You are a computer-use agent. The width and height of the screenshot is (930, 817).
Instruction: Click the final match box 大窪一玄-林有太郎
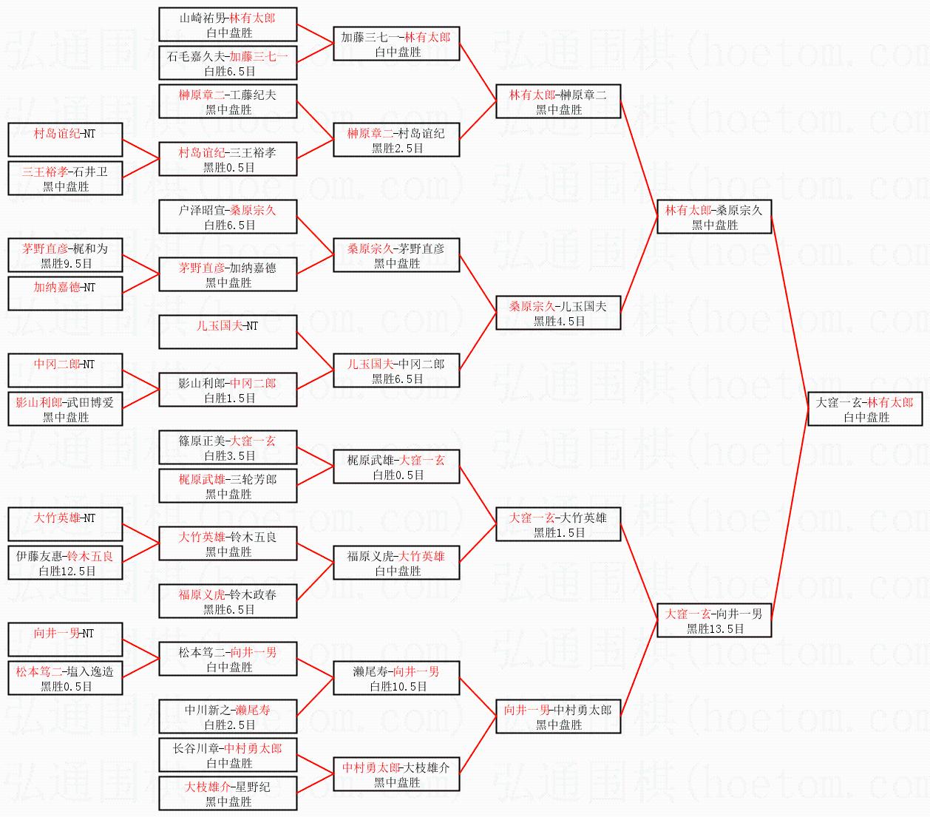click(865, 409)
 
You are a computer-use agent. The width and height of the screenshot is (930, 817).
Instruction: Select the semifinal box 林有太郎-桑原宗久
click(714, 217)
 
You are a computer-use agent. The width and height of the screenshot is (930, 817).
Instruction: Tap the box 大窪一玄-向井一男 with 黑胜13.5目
click(714, 620)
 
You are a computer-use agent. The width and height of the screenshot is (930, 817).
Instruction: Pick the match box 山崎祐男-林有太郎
click(228, 24)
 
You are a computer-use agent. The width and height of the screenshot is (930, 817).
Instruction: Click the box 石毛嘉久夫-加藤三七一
click(228, 63)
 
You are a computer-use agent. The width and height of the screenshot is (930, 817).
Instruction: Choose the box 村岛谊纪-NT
click(65, 140)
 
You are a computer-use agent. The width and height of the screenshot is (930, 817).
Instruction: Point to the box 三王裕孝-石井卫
click(65, 178)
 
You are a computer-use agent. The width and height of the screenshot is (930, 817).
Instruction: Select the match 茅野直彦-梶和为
click(65, 255)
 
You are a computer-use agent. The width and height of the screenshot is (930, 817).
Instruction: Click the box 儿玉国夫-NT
click(228, 332)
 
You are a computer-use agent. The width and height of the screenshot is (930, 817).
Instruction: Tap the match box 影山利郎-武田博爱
click(65, 409)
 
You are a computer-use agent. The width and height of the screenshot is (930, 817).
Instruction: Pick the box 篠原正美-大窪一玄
click(228, 447)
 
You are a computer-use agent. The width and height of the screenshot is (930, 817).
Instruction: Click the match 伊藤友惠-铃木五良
click(65, 563)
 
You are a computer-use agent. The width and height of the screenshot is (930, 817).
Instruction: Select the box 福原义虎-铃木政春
click(228, 601)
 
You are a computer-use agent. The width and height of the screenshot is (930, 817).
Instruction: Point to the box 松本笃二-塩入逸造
click(65, 678)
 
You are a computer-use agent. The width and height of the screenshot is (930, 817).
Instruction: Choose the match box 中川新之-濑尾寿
click(228, 716)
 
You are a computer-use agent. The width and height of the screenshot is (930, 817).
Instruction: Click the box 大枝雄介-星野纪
click(228, 793)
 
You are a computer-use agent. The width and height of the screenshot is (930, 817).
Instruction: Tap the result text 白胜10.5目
click(398, 687)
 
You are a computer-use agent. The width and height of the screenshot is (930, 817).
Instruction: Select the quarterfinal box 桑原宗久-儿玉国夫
click(558, 313)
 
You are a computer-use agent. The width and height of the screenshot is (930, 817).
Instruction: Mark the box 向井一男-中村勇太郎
click(558, 716)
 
